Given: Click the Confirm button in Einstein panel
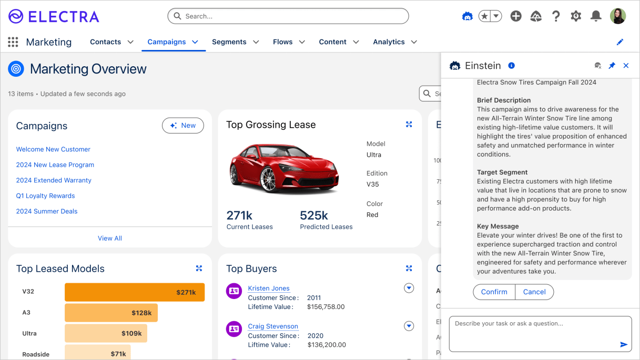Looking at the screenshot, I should (x=494, y=292).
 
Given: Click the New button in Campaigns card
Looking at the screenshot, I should (x=182, y=126).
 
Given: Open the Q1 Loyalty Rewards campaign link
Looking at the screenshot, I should (x=45, y=196).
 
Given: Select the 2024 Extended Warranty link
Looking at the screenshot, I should (x=54, y=180).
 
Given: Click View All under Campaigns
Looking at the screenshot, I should (x=109, y=238).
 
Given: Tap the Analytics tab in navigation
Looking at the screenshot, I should (x=389, y=42).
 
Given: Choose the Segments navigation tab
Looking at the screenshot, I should (x=229, y=42).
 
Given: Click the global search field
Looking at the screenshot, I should (x=288, y=16).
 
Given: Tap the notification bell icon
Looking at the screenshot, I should (x=596, y=16).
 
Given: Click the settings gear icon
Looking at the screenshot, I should (x=576, y=16).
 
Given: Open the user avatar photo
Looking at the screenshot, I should (x=618, y=16).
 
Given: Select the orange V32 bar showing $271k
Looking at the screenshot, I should (x=134, y=292).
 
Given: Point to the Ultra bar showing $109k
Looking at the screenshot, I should (x=105, y=333).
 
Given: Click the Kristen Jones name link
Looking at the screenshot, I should (x=268, y=289).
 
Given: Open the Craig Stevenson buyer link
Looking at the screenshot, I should (x=272, y=326).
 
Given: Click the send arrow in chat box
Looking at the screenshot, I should (x=624, y=345).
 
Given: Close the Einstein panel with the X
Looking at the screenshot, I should (x=626, y=66).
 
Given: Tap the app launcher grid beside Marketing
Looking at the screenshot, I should (x=13, y=42).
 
